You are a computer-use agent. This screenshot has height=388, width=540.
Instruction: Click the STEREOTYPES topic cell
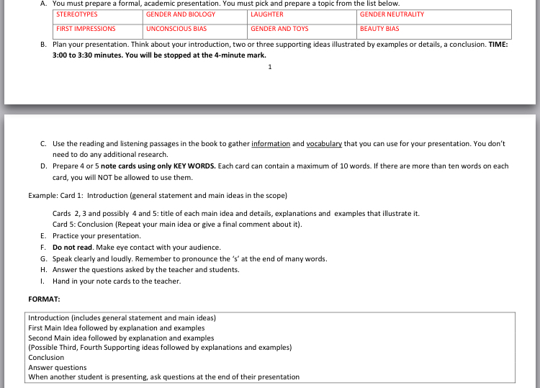77,14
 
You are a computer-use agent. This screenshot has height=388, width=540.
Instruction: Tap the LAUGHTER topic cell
267,14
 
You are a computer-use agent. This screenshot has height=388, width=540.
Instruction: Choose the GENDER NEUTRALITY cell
392,14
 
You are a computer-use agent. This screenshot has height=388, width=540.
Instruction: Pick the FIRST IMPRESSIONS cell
86,29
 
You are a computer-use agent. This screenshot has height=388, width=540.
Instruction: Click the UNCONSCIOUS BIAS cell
176,29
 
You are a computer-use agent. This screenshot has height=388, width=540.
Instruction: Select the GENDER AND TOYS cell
279,29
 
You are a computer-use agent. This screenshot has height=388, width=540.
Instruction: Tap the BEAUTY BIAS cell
379,29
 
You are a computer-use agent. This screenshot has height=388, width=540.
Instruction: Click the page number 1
269,67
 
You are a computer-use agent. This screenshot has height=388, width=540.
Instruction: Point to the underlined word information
271,144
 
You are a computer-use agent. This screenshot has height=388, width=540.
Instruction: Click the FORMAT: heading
44,298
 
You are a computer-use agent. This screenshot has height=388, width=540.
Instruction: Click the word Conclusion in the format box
46,357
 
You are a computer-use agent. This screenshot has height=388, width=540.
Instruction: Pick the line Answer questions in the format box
58,367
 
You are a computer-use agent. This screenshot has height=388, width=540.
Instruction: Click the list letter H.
44,270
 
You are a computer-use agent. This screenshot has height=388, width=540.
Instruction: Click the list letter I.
43,281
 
